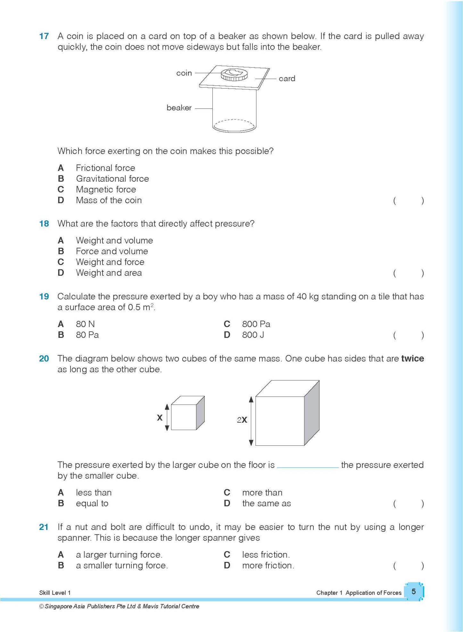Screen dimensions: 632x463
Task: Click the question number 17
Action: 44,36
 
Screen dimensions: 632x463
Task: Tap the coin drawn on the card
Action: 234,75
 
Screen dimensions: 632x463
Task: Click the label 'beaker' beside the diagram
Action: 179,108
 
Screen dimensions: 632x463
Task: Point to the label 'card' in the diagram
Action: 287,79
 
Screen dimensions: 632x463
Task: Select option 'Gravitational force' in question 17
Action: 112,179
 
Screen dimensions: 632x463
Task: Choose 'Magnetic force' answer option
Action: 106,189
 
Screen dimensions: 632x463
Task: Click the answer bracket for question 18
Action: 408,273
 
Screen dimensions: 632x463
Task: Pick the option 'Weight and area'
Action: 109,273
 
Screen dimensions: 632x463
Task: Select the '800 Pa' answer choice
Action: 256,324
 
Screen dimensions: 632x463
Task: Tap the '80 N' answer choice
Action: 85,324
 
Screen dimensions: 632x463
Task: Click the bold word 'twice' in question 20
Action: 412,359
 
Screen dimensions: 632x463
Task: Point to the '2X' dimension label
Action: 242,420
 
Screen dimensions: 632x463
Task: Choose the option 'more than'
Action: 262,493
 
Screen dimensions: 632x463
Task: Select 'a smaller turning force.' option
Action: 122,565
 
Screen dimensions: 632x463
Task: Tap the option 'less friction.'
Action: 266,555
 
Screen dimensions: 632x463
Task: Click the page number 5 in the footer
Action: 414,591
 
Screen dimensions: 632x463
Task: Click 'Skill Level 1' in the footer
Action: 55,593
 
